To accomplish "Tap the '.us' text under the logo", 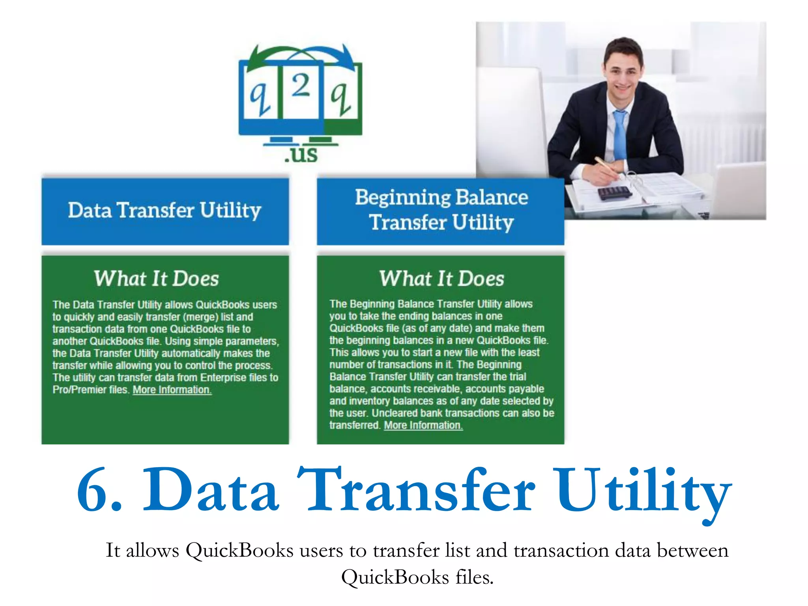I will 301,154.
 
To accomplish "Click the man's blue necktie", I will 620,134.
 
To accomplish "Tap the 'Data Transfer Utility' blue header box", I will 165,211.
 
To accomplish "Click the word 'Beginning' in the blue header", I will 402,198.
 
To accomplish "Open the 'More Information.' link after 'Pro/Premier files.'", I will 172,390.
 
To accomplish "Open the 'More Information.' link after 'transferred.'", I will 423,425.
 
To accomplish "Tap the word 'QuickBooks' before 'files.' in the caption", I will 395,577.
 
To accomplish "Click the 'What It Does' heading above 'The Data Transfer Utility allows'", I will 156,279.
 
